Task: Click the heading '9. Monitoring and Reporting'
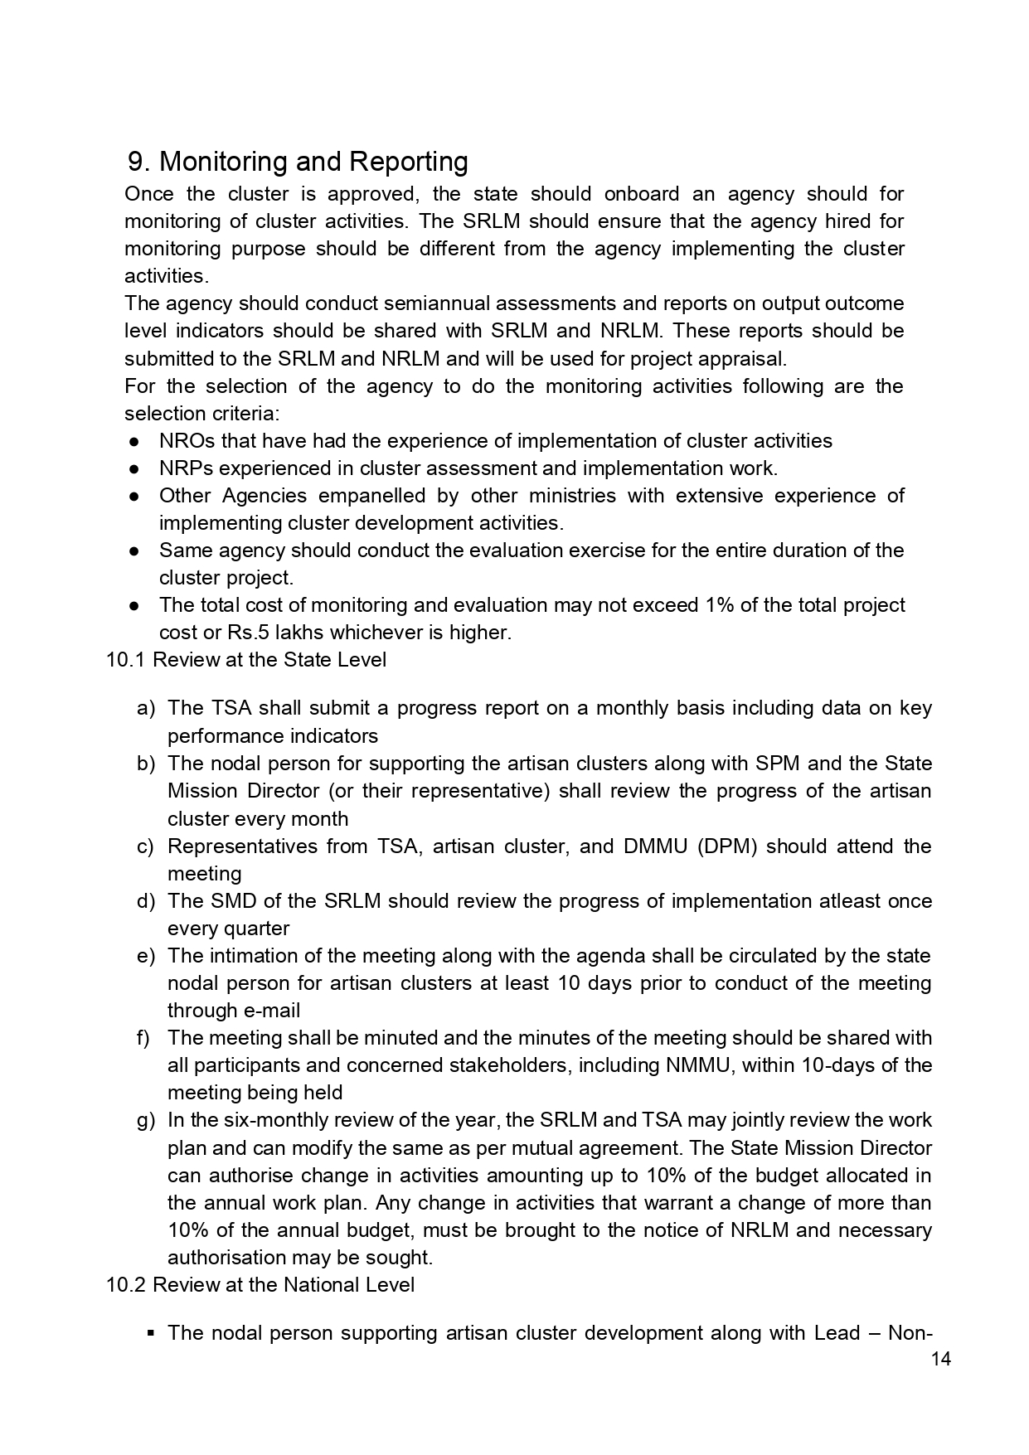tap(298, 162)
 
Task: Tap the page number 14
tap(941, 1359)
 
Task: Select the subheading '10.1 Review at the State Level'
tap(246, 660)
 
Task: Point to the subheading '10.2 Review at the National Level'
tap(260, 1284)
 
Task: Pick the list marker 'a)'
tap(146, 708)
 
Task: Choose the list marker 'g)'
tap(146, 1120)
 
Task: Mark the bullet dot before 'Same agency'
tap(133, 550)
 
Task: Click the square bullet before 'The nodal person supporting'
tap(150, 1333)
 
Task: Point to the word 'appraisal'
tap(740, 359)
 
